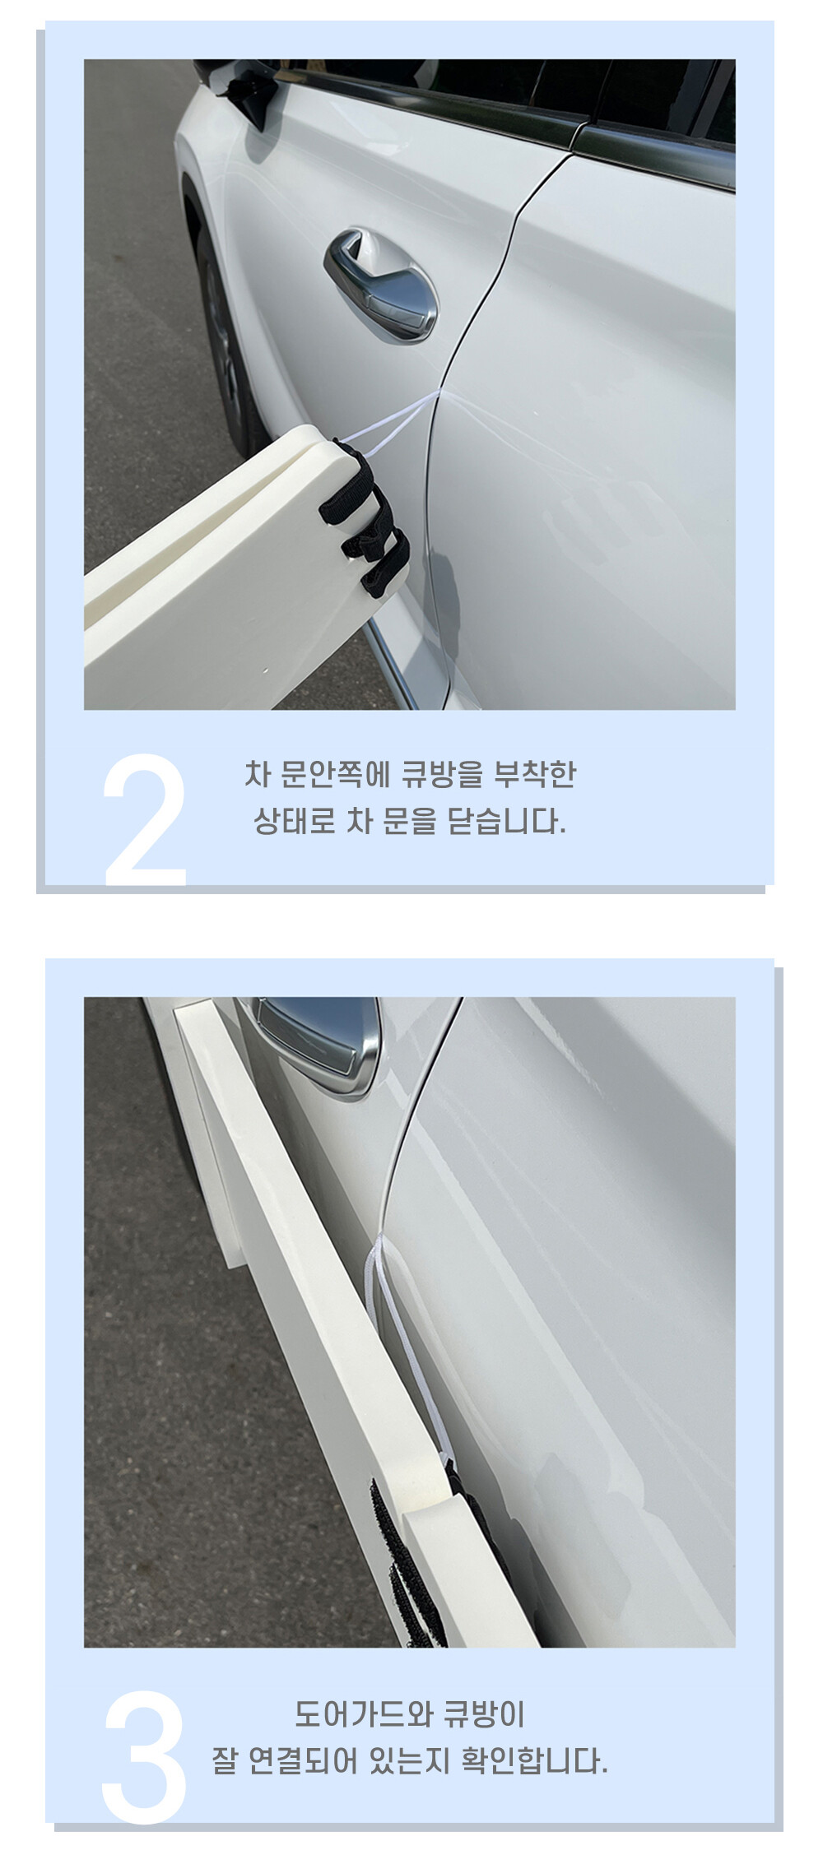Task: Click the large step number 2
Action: (x=145, y=819)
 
